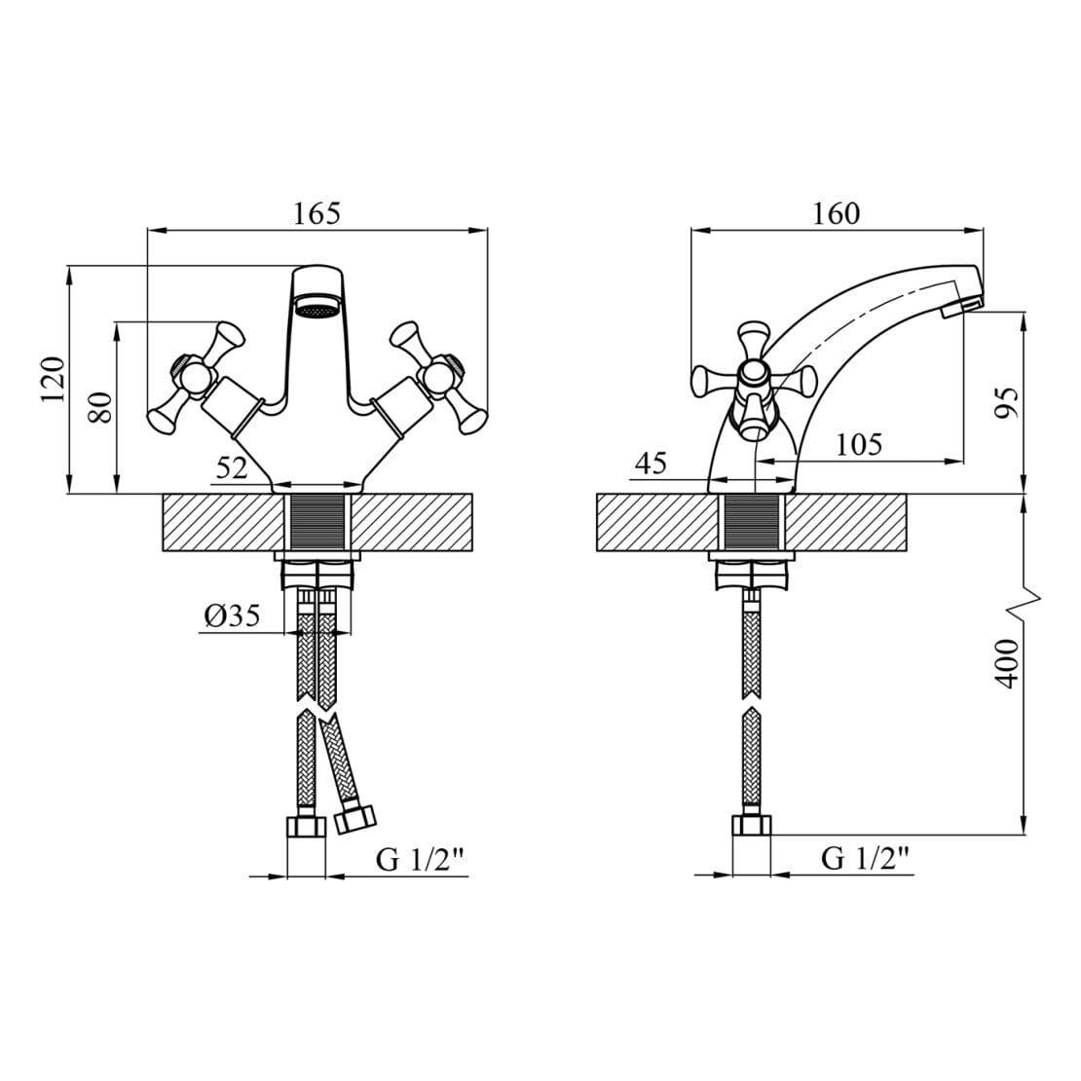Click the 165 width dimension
coord(317,213)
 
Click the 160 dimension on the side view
coord(837,213)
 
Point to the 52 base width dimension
coord(233,467)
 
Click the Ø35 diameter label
coord(231,616)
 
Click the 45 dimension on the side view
coord(650,464)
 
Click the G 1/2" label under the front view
coord(422,860)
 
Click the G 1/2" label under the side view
coord(866,858)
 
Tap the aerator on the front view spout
coord(317,311)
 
